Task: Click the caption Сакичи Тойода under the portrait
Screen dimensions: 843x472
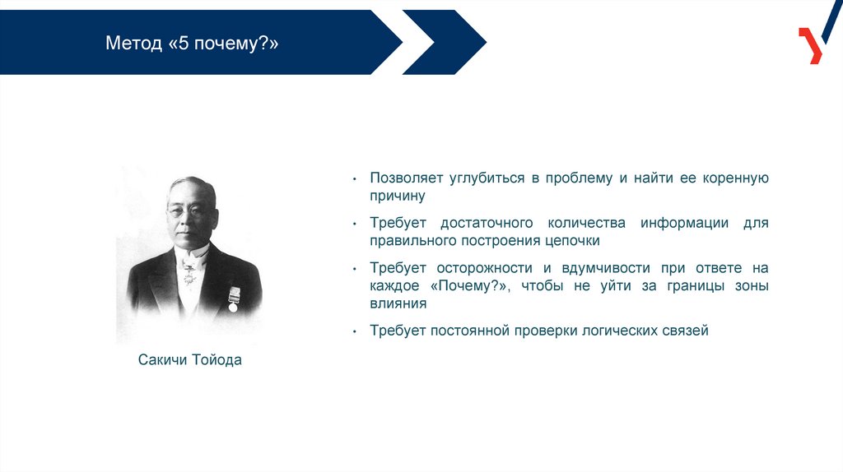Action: pos(190,360)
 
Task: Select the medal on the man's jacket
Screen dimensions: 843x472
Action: pos(233,299)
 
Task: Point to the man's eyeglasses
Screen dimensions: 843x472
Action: pos(185,211)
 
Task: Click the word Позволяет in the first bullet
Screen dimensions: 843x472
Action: pos(405,178)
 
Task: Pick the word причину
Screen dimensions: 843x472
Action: pos(398,196)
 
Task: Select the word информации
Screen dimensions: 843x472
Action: pos(684,223)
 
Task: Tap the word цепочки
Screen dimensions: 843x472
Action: pos(572,241)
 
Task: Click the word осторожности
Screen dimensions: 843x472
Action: pos(484,268)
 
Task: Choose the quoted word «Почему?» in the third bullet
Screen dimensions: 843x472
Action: pos(469,285)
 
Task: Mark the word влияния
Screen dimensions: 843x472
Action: pos(398,303)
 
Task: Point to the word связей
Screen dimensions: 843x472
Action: pos(673,331)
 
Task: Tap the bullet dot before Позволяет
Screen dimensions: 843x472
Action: pos(354,178)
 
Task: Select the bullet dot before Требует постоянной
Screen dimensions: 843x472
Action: pos(354,332)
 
